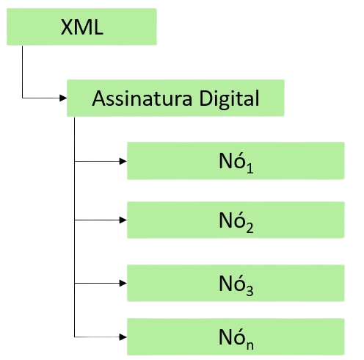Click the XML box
[x=81, y=26]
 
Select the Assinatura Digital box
[x=175, y=98]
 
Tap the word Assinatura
[x=142, y=98]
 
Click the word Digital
[x=229, y=99]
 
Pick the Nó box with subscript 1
[x=236, y=161]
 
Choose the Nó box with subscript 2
[x=236, y=220]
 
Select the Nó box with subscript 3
[x=236, y=283]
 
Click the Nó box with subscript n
[x=236, y=336]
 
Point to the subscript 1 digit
[x=250, y=168]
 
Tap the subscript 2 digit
[x=250, y=228]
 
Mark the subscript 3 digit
[x=250, y=291]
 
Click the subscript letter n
[x=250, y=345]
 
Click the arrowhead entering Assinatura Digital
[x=63, y=98]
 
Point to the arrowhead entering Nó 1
[x=123, y=161]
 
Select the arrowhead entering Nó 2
[x=123, y=220]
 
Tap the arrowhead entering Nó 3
[x=123, y=283]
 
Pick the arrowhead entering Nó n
[x=123, y=337]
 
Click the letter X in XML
[x=68, y=27]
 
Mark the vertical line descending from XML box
[x=22, y=72]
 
